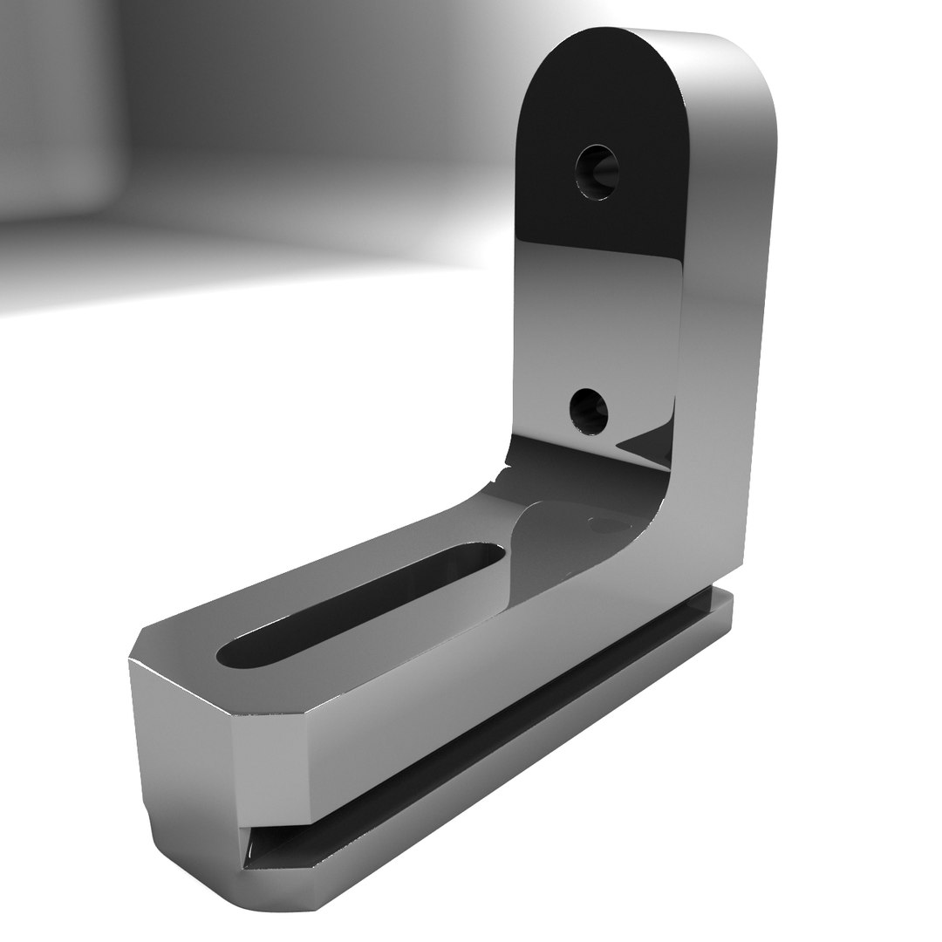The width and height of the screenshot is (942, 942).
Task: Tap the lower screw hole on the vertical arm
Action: click(589, 409)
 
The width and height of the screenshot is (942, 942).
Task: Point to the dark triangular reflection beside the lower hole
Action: click(650, 445)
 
